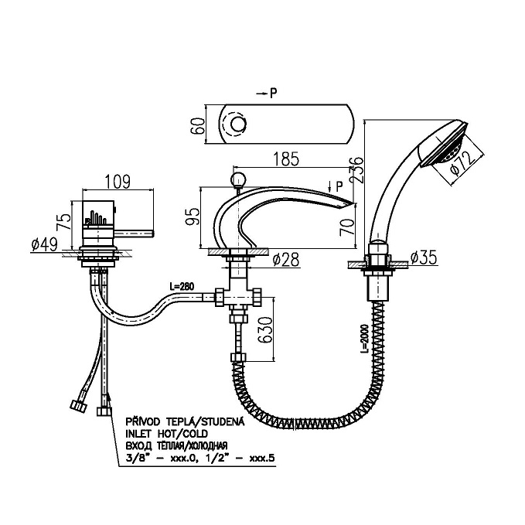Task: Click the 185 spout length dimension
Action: tap(286, 161)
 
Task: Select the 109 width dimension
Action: tap(116, 182)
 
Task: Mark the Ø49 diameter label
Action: tap(46, 245)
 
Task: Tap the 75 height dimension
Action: tap(67, 222)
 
